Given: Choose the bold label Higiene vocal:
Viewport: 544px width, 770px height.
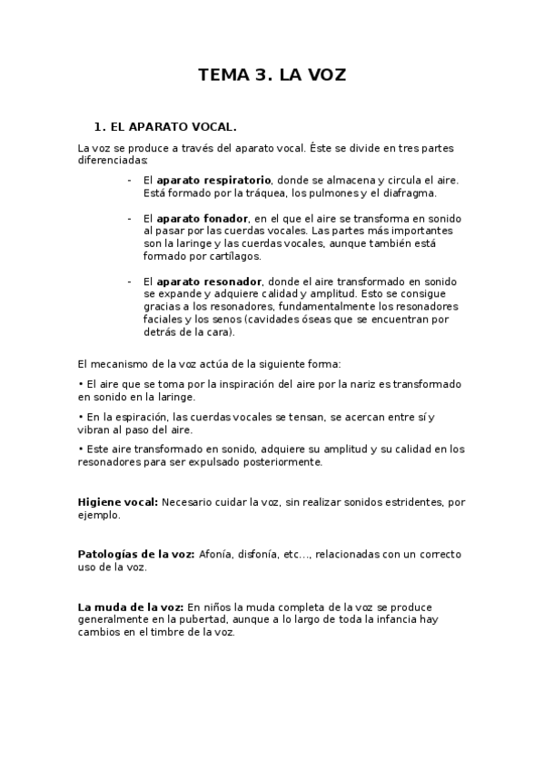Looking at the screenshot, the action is point(118,501).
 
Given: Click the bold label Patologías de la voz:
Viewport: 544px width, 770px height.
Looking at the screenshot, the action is point(135,554).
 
